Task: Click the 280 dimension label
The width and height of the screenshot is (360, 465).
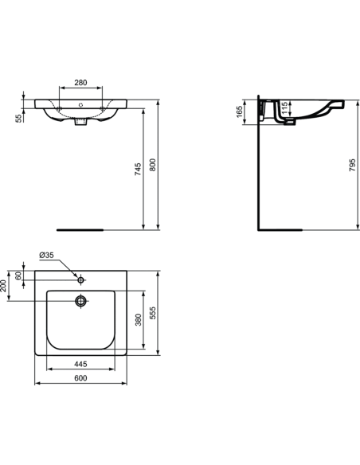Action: pyautogui.click(x=81, y=82)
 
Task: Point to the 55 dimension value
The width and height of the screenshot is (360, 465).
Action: pyautogui.click(x=20, y=117)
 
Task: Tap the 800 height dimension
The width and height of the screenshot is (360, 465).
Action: pyautogui.click(x=154, y=164)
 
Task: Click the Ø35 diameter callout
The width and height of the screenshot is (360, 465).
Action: pyautogui.click(x=47, y=256)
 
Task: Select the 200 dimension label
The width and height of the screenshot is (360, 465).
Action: pyautogui.click(x=5, y=285)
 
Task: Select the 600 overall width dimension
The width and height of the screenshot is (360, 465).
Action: pyautogui.click(x=80, y=379)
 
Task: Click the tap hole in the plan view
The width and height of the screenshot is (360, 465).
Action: pyautogui.click(x=81, y=279)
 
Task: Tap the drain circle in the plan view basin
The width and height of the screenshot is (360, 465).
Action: pyautogui.click(x=80, y=301)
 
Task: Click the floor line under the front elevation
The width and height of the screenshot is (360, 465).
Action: pyautogui.click(x=80, y=229)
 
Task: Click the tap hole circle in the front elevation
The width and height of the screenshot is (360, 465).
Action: pyautogui.click(x=81, y=104)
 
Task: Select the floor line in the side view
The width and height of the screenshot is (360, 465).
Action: pyautogui.click(x=282, y=229)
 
